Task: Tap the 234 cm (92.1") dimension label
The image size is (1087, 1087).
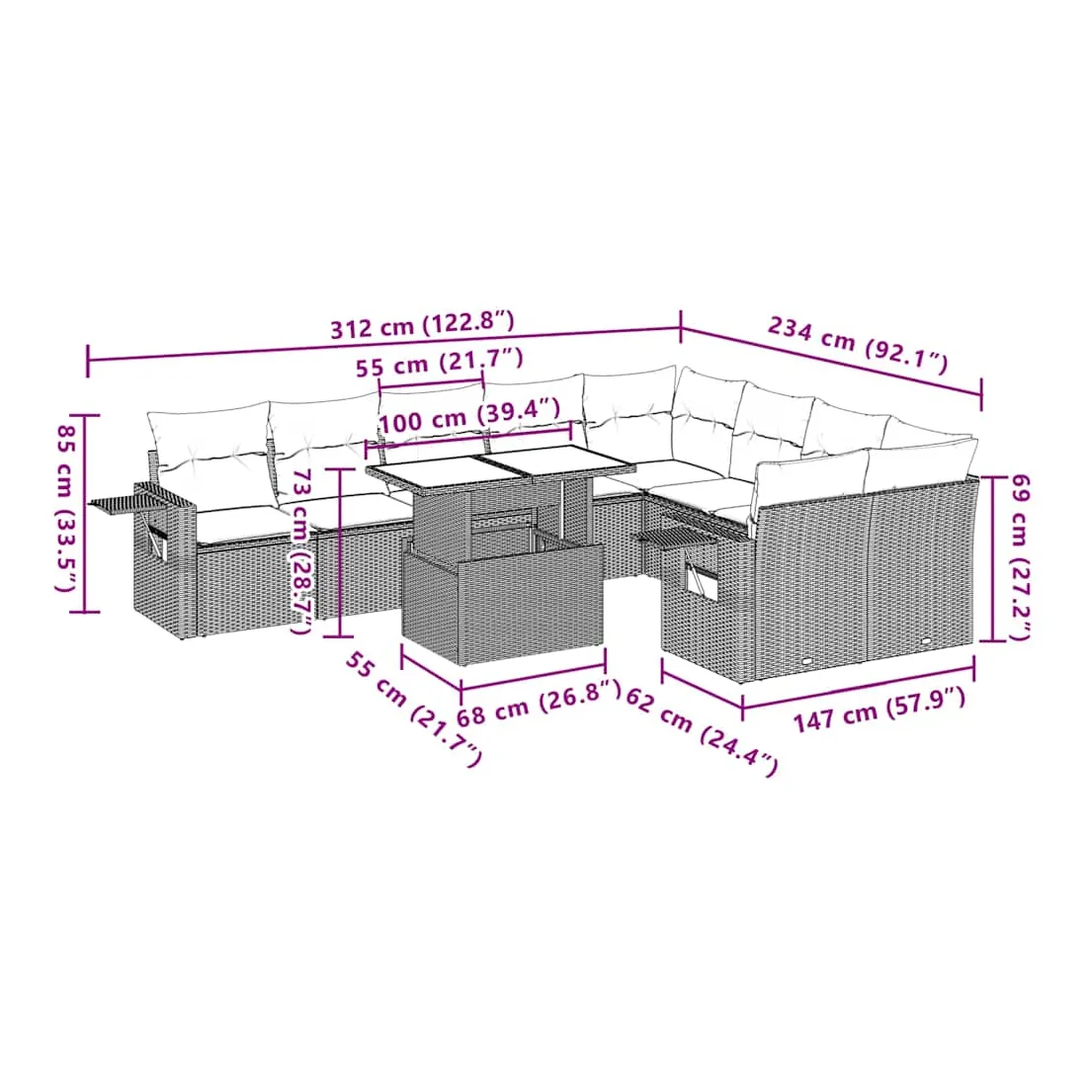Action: [857, 345]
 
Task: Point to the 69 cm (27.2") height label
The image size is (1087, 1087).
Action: [1021, 556]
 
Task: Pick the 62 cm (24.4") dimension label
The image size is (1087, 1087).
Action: [702, 731]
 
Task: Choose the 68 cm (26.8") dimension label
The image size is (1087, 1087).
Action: [539, 703]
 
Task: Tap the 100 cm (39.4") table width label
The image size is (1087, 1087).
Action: [470, 414]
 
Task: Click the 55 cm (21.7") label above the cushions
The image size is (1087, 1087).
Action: [440, 363]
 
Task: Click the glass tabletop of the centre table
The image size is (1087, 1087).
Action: [501, 461]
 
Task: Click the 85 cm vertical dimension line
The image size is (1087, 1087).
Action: [87, 514]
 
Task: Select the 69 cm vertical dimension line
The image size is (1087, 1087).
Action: [993, 558]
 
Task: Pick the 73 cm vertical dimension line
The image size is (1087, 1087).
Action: [340, 552]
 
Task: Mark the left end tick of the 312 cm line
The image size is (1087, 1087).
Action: [88, 360]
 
